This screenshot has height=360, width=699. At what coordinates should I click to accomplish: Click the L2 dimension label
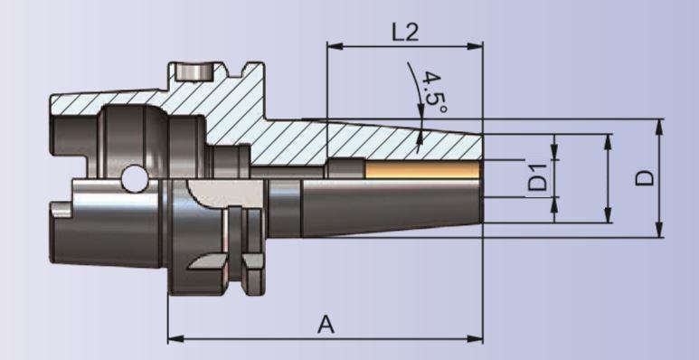tap(405, 32)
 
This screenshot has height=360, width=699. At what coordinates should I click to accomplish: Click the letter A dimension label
tap(326, 325)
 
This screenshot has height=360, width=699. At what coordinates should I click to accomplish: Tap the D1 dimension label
tap(537, 177)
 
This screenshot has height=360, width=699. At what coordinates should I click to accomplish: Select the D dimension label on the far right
tap(645, 178)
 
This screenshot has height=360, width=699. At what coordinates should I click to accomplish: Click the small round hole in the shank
tap(135, 178)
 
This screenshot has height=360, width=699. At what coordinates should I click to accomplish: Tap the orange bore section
tap(422, 169)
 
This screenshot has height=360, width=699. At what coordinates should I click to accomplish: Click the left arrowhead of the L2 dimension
tap(335, 46)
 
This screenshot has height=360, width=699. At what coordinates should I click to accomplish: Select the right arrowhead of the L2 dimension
tap(475, 46)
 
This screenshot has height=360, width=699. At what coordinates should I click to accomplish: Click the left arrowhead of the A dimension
tap(175, 339)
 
